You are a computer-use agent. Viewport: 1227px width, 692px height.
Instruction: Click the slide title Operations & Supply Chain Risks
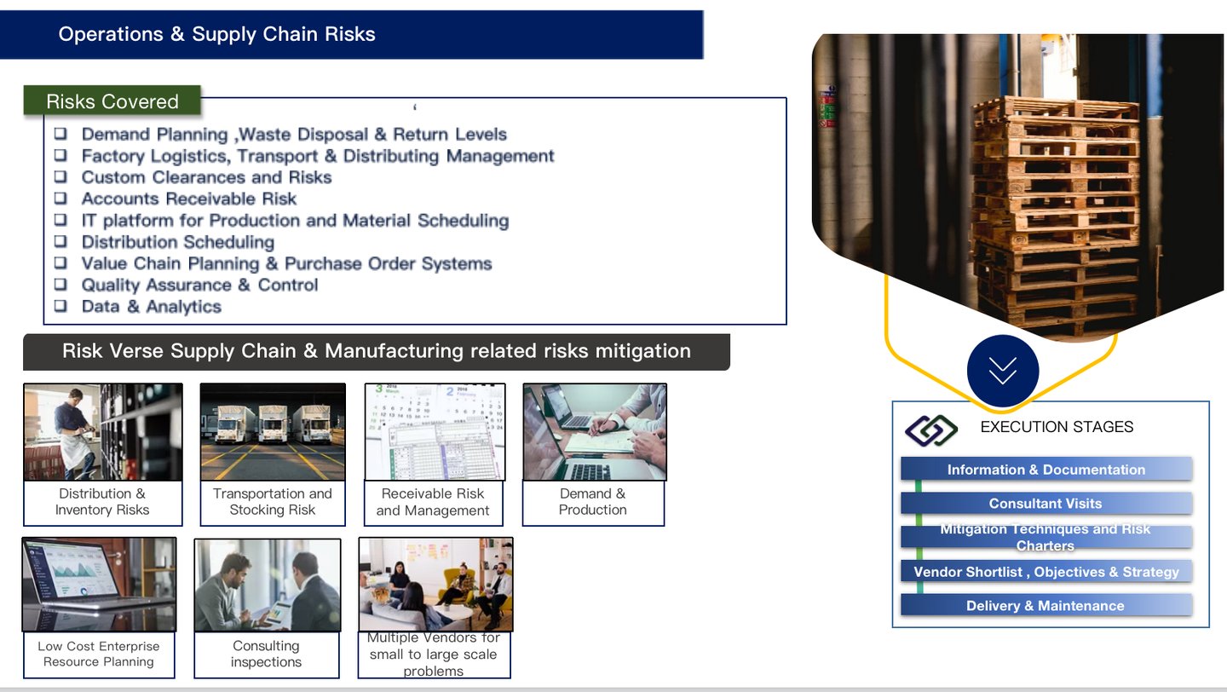[216, 34]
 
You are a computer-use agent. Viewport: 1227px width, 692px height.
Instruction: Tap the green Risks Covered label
[112, 101]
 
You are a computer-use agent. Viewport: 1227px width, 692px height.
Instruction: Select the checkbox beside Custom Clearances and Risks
[60, 176]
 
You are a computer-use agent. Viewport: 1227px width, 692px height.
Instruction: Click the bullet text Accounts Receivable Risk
[188, 199]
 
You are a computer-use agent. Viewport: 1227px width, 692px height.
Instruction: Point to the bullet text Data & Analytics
[151, 307]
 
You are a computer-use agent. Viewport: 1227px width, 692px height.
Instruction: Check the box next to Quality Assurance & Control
[60, 285]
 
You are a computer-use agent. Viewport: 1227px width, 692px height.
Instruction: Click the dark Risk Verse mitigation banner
[376, 351]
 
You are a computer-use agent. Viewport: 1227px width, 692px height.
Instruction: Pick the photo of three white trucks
[273, 431]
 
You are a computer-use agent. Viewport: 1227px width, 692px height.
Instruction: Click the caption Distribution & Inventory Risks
[102, 502]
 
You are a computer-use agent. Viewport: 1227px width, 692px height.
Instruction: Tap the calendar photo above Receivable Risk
[435, 431]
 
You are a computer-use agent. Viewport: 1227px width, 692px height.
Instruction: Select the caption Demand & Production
[592, 502]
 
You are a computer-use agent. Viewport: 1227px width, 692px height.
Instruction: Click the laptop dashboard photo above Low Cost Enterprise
[99, 584]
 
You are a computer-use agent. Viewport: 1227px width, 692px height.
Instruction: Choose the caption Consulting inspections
[266, 654]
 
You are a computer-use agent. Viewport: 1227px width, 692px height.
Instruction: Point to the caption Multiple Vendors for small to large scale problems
[434, 655]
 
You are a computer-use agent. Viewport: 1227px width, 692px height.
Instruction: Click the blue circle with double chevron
[1003, 371]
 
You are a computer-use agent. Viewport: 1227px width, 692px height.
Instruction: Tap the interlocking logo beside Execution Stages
[931, 430]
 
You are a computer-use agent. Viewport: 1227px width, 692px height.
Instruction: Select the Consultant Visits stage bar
[1046, 504]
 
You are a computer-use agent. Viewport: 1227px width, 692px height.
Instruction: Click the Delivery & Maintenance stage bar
[1046, 606]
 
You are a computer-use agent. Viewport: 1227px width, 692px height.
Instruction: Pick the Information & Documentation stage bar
[1046, 470]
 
